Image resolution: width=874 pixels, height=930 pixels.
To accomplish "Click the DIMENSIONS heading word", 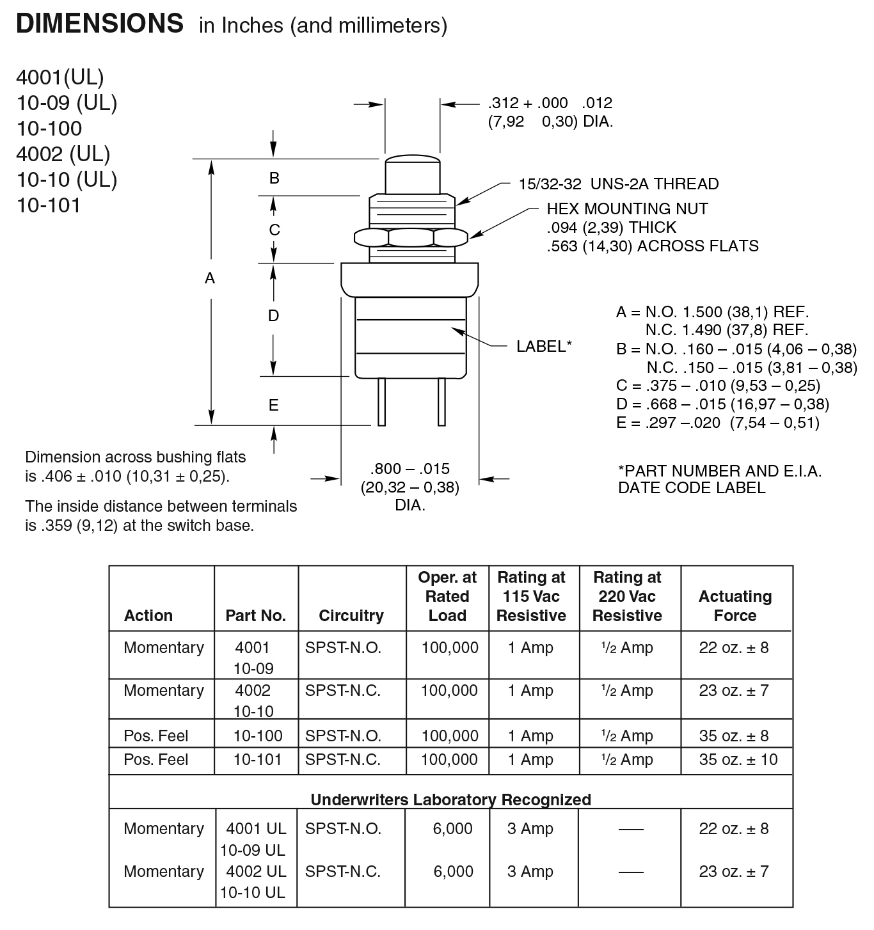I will tap(100, 24).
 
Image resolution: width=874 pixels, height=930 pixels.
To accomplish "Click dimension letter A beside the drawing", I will tap(209, 278).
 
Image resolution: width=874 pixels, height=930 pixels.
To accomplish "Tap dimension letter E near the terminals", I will tap(273, 405).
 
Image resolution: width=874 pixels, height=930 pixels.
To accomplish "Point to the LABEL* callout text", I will tap(544, 346).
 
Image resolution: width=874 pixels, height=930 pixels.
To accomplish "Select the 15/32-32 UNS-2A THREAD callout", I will tap(618, 184).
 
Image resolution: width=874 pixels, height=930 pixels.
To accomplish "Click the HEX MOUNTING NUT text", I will tap(627, 209).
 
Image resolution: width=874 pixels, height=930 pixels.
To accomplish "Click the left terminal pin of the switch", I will tap(381, 402).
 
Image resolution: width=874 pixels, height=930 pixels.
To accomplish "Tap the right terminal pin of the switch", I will tap(441, 402).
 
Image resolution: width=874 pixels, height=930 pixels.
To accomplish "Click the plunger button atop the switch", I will tap(412, 173).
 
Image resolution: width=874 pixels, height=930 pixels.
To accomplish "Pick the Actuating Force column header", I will tap(735, 606).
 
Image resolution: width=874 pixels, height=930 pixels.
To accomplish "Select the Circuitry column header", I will tap(351, 615).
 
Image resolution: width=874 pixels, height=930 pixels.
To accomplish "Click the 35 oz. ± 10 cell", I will tap(738, 759).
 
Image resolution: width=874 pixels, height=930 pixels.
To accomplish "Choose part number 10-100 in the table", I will tap(257, 736).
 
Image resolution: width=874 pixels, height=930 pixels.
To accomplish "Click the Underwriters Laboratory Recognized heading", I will tap(450, 800).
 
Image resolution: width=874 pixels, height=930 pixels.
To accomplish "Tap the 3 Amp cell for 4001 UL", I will tap(530, 828).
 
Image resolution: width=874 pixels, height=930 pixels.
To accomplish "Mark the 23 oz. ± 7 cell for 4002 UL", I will tap(734, 871).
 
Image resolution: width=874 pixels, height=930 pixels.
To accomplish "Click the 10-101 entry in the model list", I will tap(49, 205).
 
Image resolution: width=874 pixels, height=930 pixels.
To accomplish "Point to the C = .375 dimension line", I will tap(718, 386).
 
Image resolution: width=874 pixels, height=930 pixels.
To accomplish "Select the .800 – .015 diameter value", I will tap(409, 468).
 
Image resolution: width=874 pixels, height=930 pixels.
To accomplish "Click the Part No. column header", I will tap(255, 615).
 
